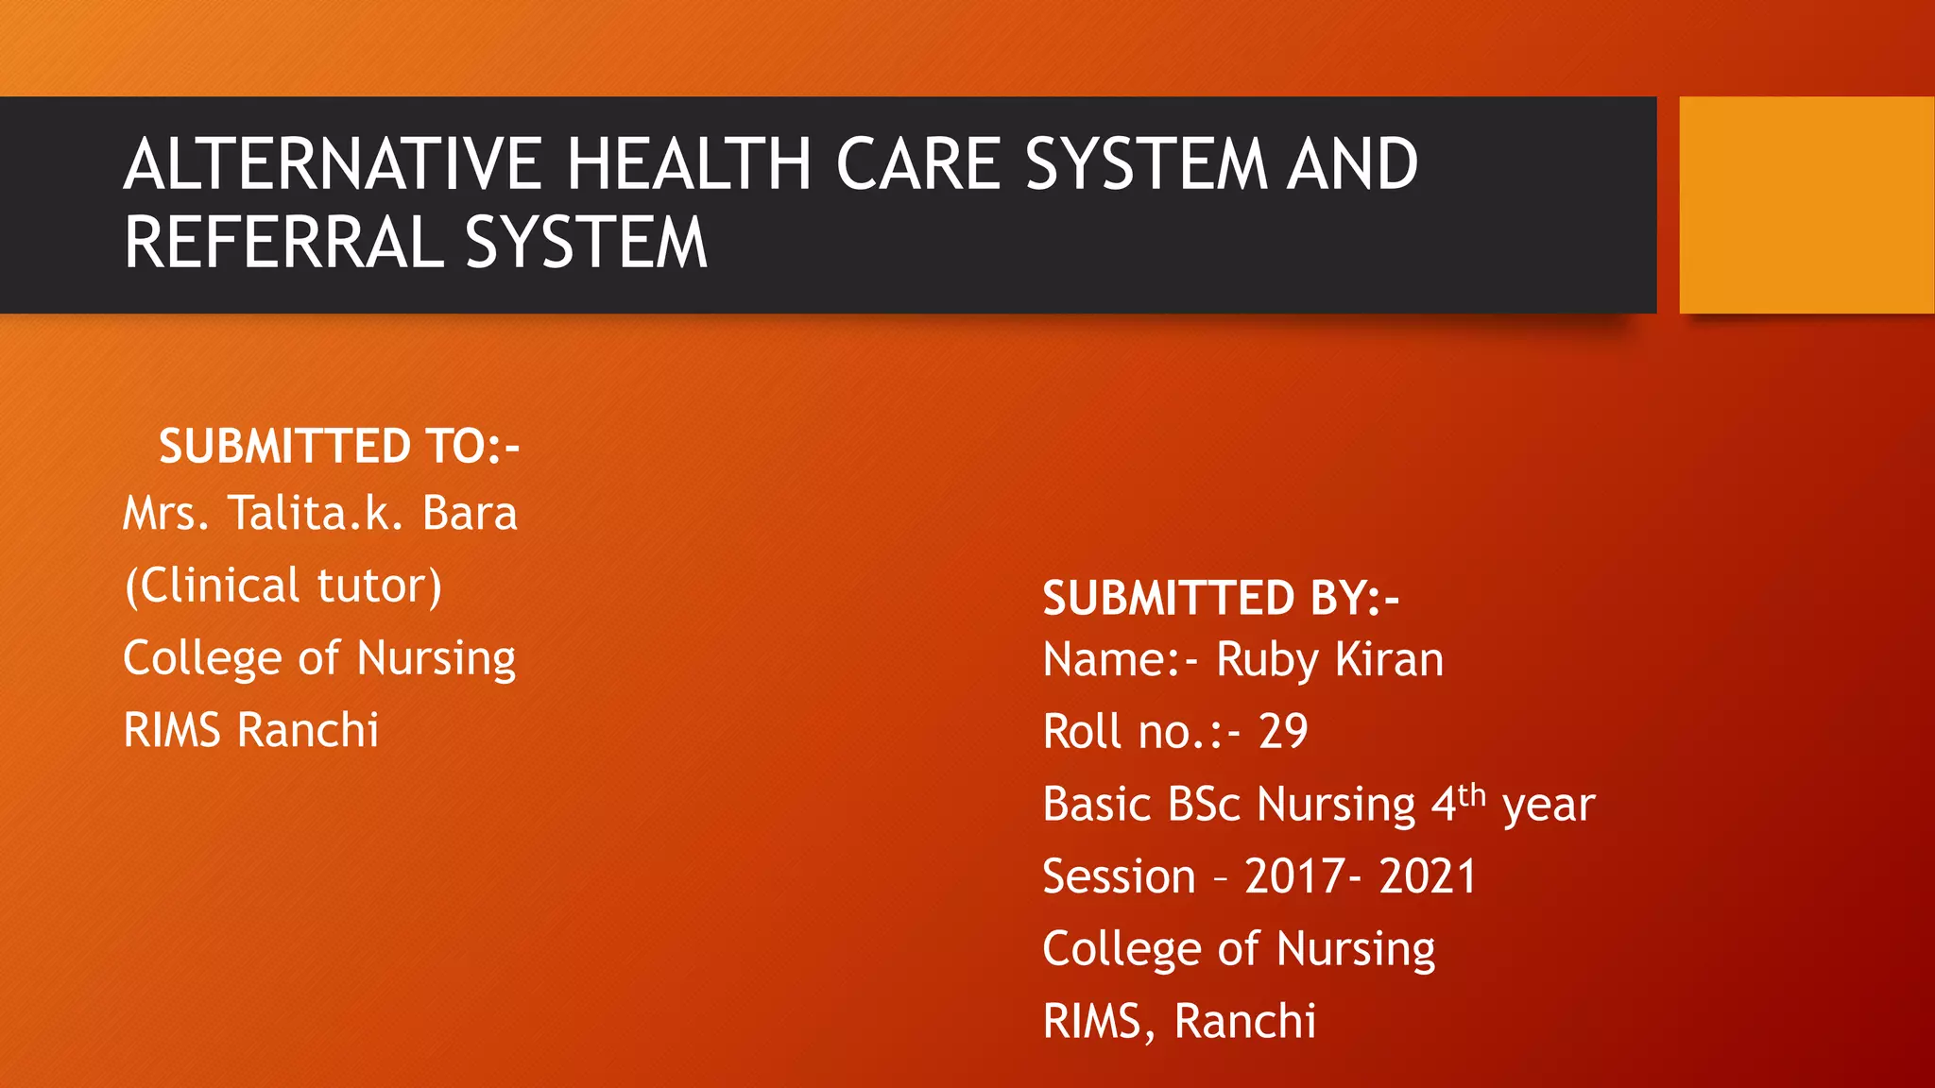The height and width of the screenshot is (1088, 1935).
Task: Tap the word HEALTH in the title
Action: pyautogui.click(x=689, y=164)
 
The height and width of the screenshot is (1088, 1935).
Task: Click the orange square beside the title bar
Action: pyautogui.click(x=1806, y=205)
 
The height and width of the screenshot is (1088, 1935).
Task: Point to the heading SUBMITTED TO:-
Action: pyautogui.click(x=339, y=446)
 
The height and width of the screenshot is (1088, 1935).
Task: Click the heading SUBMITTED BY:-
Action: pyautogui.click(x=1220, y=598)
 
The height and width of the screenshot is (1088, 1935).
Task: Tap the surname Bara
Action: pyautogui.click(x=470, y=514)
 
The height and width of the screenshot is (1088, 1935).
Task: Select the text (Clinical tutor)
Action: pyautogui.click(x=283, y=586)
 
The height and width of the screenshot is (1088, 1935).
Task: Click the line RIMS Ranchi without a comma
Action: pyautogui.click(x=250, y=730)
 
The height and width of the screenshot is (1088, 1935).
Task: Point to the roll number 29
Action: pyautogui.click(x=1283, y=732)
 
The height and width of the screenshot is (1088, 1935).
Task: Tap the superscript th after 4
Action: pyautogui.click(x=1472, y=794)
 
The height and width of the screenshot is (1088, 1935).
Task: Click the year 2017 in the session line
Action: pyautogui.click(x=1294, y=876)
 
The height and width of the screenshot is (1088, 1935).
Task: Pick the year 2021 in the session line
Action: pyautogui.click(x=1427, y=876)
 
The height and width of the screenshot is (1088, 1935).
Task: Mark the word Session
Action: pyautogui.click(x=1119, y=876)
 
